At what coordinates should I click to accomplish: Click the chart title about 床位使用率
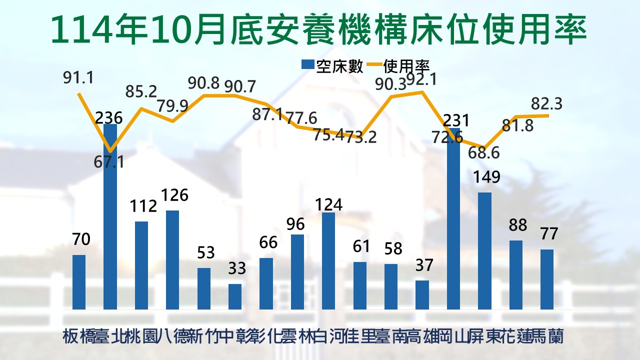click(x=320, y=29)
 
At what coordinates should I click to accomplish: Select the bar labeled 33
click(x=235, y=296)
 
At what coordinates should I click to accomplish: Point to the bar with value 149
click(x=484, y=250)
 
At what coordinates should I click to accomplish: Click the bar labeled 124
click(x=328, y=260)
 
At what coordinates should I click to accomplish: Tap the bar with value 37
click(x=422, y=294)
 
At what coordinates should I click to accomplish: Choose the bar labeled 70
click(x=79, y=282)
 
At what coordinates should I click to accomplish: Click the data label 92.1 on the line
click(x=427, y=79)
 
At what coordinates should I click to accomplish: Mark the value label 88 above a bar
click(x=517, y=225)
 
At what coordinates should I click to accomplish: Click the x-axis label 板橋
click(x=79, y=336)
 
